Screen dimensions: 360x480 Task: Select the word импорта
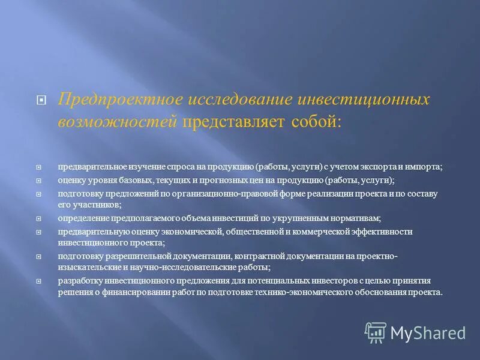(425, 167)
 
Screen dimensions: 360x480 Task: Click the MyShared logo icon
(376, 332)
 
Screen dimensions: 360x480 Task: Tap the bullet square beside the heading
(41, 101)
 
